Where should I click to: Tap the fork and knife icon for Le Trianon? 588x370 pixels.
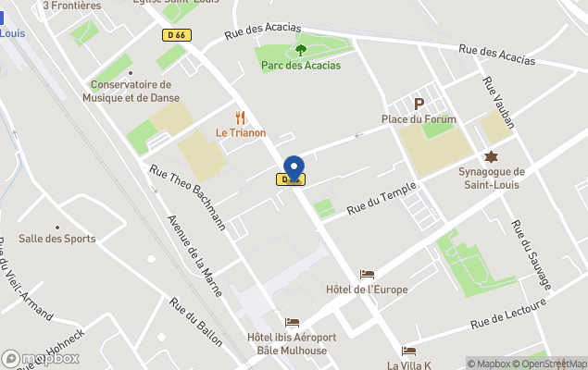(x=241, y=117)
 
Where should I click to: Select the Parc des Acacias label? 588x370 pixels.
(x=301, y=66)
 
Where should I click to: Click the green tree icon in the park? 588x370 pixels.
(x=300, y=50)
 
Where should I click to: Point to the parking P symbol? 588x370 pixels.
(x=419, y=105)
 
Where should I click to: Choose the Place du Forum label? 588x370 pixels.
(x=419, y=119)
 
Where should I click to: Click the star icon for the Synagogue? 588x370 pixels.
(x=491, y=156)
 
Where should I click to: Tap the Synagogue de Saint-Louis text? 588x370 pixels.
(x=491, y=178)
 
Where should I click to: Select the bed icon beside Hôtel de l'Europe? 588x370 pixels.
(x=368, y=275)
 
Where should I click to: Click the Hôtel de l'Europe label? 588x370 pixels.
(x=367, y=290)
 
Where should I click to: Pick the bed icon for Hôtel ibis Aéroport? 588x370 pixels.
(x=293, y=323)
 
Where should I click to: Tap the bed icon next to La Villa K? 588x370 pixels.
(x=408, y=351)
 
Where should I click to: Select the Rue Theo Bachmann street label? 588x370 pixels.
(x=187, y=196)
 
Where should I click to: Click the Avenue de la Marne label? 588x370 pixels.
(x=194, y=254)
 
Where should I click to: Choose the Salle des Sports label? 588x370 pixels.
(x=56, y=239)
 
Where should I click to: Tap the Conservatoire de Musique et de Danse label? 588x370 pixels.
(x=131, y=91)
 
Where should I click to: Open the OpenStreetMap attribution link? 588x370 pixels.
(x=552, y=364)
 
